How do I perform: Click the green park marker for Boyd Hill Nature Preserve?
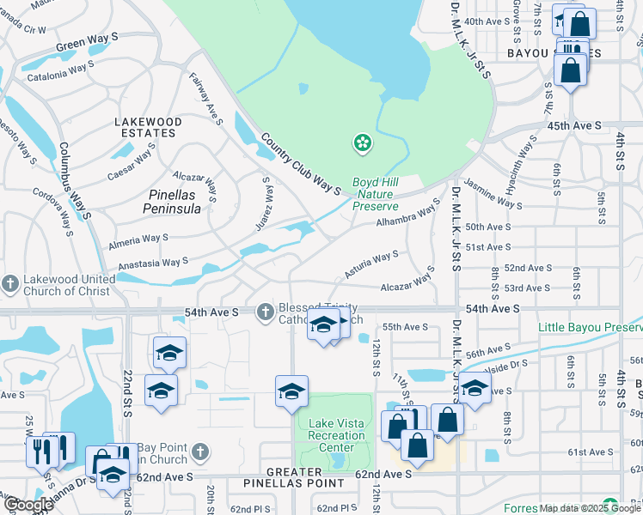pos(363,142)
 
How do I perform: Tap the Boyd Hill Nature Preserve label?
pos(376,194)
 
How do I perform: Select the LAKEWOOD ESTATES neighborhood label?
pos(149,128)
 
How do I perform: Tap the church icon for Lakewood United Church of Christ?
pos(10,283)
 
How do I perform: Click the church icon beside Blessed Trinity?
pos(266,311)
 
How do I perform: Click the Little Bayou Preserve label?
pos(590,327)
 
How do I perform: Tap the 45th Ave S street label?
pos(575,126)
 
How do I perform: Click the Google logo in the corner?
pos(28,505)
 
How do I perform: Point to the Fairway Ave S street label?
pos(205,99)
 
